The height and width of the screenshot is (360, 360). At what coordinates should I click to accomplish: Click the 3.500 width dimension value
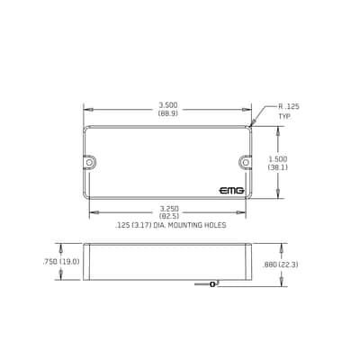(x=168, y=105)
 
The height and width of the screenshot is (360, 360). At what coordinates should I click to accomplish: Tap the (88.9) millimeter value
(x=168, y=113)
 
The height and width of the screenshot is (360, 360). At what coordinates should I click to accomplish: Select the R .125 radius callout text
(x=289, y=106)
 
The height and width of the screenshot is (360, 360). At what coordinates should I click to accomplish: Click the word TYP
(x=284, y=116)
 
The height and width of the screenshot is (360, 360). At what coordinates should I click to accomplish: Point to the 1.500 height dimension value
(x=278, y=159)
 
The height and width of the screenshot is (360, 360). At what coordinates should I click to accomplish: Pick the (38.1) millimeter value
(x=278, y=167)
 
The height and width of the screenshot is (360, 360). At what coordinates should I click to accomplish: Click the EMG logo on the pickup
(x=231, y=191)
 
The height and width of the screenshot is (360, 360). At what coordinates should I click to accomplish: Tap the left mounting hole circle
(x=89, y=162)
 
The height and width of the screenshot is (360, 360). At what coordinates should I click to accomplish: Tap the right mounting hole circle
(x=246, y=162)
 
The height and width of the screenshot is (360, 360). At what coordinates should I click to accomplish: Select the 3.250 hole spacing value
(x=169, y=208)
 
